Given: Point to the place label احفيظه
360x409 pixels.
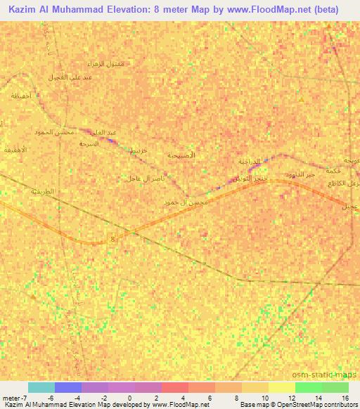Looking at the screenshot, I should click(x=21, y=96).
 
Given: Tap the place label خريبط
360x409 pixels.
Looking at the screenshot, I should click(x=137, y=150).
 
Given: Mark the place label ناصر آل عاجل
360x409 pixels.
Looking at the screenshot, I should click(x=145, y=178).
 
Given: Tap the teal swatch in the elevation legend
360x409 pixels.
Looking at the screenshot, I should click(x=41, y=387).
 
